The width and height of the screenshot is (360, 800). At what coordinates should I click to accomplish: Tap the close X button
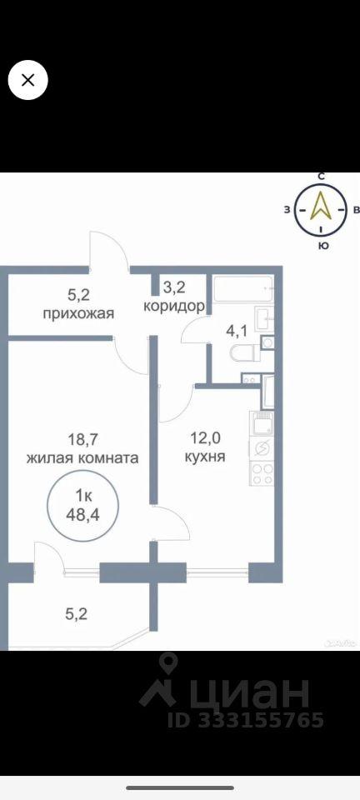pos(28,80)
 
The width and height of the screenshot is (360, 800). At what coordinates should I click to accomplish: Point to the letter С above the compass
pos(321,177)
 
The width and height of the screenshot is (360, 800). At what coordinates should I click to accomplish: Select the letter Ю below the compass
pos(322,245)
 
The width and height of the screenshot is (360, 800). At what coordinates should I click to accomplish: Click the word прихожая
pos(77,312)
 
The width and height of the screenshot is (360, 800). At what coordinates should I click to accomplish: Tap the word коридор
pos(174,306)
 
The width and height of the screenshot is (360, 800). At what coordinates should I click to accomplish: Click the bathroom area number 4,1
pos(237,331)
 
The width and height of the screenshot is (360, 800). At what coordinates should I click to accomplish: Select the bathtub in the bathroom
pos(243,289)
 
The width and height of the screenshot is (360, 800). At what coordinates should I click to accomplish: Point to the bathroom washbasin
pos(264,319)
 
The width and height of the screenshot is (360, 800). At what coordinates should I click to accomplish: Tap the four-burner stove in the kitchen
pos(262,473)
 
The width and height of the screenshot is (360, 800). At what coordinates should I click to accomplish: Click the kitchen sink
pos(261,424)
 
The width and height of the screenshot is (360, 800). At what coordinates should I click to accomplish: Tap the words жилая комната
pos(82,457)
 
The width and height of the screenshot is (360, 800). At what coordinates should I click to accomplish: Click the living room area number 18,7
pos(82,438)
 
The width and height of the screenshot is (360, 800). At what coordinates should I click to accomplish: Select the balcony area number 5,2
pos(77,613)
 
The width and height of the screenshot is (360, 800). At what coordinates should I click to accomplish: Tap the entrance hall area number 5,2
pos(79,294)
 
